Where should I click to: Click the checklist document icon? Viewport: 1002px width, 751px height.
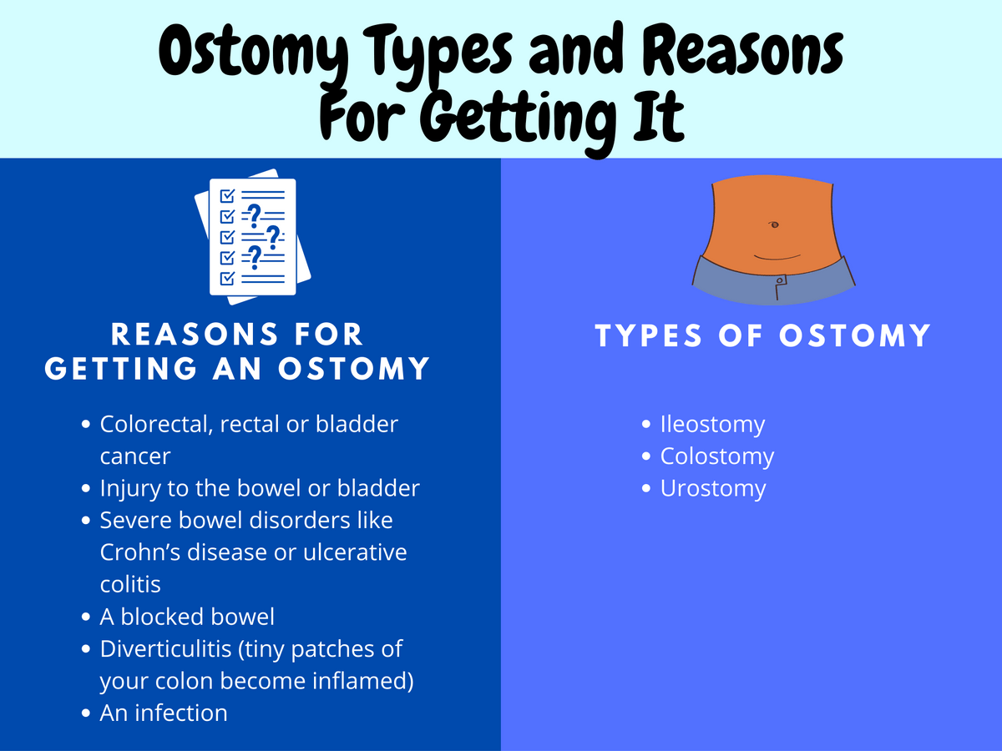click(x=253, y=235)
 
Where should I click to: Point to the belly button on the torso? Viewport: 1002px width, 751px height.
click(x=774, y=224)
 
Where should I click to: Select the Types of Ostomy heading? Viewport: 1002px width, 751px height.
click(x=763, y=335)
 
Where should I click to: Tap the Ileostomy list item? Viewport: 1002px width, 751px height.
click(x=712, y=424)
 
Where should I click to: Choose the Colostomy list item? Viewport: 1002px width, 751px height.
click(x=716, y=456)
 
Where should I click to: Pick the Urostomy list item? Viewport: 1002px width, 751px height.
click(x=712, y=488)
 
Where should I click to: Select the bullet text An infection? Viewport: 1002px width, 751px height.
click(x=163, y=713)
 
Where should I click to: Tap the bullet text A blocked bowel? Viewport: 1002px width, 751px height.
click(x=187, y=617)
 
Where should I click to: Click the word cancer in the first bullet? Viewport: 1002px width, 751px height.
click(x=135, y=456)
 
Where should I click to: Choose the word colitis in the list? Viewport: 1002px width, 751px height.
click(x=130, y=584)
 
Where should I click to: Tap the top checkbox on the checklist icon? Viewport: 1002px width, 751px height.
click(x=225, y=195)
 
